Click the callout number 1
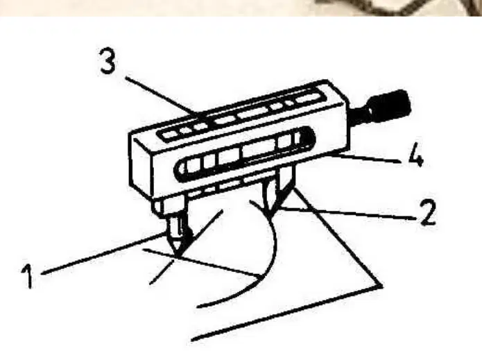[28, 277]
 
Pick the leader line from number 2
[347, 214]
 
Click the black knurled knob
[390, 105]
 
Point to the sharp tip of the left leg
[176, 255]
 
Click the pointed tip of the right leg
[269, 212]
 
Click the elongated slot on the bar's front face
[245, 153]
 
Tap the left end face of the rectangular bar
[140, 164]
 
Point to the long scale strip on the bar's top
[243, 116]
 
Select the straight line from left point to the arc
[203, 262]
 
